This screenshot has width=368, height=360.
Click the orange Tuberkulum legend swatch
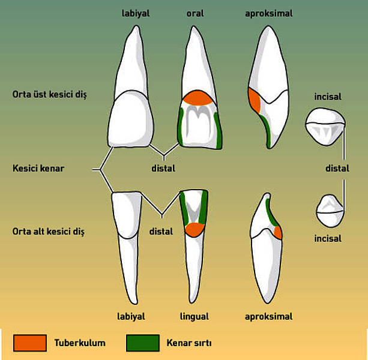tap(30, 343)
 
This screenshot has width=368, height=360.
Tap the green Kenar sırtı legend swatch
tap(143, 343)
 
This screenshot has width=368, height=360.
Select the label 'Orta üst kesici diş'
tap(49, 95)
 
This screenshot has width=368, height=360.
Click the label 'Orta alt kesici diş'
tap(49, 232)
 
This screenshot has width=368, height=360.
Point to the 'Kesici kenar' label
tap(38, 169)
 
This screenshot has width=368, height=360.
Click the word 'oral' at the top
tap(195, 13)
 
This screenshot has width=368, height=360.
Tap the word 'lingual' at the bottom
tap(195, 317)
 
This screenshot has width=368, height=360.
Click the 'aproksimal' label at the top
tap(269, 14)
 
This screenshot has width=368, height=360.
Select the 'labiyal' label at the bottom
tap(131, 317)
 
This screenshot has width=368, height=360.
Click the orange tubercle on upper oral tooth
tap(198, 98)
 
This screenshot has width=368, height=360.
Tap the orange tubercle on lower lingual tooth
tap(195, 230)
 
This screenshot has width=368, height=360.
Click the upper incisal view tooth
tap(325, 127)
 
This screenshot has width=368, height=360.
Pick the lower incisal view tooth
tap(330, 211)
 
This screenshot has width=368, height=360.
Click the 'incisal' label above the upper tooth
tap(328, 97)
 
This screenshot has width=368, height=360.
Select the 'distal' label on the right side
tap(337, 169)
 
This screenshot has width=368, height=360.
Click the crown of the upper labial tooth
tap(131, 119)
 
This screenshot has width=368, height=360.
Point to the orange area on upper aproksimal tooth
tap(255, 101)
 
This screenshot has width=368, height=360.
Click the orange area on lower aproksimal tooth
tap(279, 233)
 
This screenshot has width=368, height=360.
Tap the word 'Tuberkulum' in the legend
tap(80, 343)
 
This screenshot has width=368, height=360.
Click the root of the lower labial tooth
tap(128, 270)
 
